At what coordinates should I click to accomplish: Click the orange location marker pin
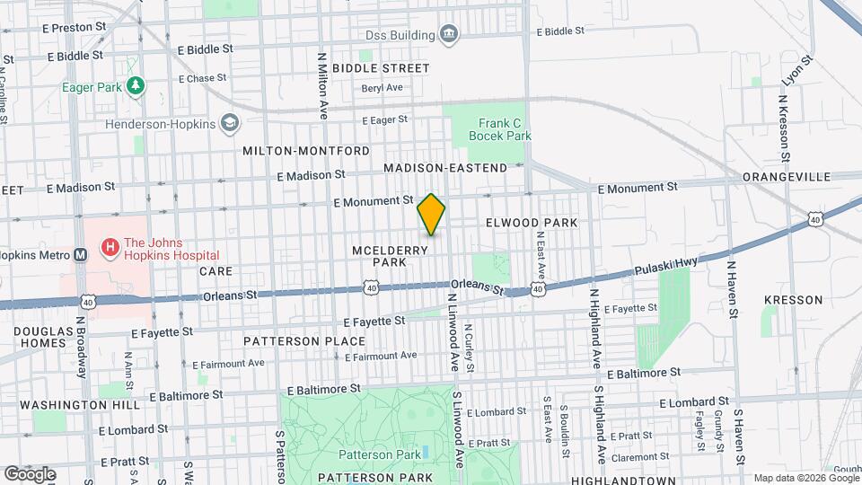coord(431,215)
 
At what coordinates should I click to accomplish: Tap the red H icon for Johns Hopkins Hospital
coord(110,245)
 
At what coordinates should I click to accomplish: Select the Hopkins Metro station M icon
coord(81,253)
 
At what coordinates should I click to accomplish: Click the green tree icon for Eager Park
coord(135,86)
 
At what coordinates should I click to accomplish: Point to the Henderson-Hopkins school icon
coord(231,124)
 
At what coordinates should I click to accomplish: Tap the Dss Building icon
coord(448,35)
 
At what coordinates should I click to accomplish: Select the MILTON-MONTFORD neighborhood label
coord(305,151)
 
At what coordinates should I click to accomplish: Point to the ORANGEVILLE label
coord(786,178)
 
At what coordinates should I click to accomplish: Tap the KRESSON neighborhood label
coord(793,299)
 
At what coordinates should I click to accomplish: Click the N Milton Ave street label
coord(321,85)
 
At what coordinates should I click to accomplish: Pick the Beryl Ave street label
coord(382,88)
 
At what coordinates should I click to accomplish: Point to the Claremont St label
coord(635,456)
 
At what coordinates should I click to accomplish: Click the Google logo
coord(30,474)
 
